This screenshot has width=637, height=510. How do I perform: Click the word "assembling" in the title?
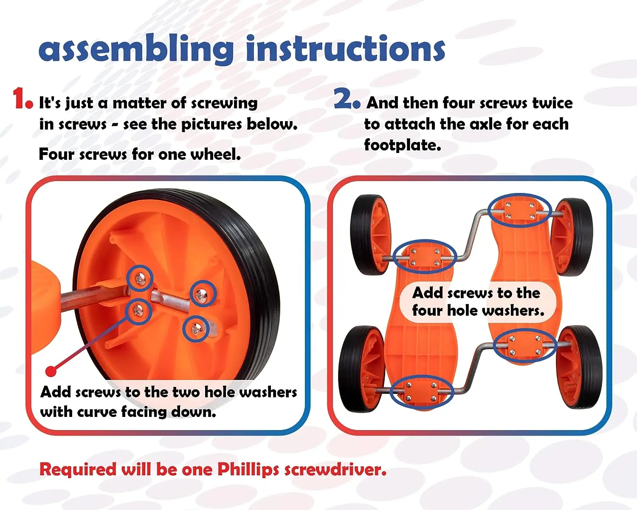136,50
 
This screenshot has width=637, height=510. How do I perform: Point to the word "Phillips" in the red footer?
248,470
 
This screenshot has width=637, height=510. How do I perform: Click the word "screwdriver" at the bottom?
335,470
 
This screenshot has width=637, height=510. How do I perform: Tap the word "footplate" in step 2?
402,145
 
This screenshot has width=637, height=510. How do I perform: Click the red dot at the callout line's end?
51,371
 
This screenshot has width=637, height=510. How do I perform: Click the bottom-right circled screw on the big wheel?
196,329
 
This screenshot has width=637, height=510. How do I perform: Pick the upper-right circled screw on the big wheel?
203,294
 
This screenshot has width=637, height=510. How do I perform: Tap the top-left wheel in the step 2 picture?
369,234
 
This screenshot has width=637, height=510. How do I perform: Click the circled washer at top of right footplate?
519,211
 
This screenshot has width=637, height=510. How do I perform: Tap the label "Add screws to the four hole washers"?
478,301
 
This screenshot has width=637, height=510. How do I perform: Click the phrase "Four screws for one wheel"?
140,154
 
